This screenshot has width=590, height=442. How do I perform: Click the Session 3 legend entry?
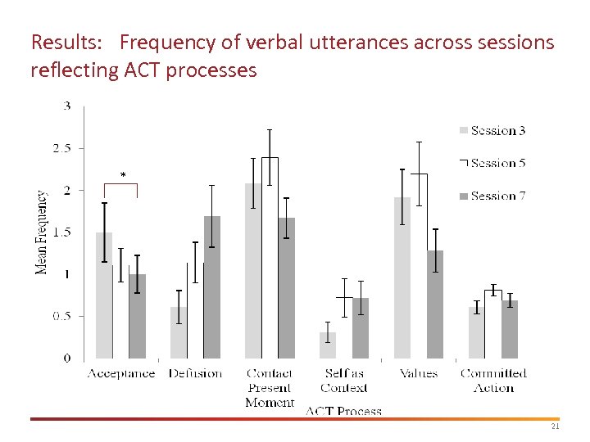coord(492,131)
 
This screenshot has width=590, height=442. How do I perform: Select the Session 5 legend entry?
coord(492,164)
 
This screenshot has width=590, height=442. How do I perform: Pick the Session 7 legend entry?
coord(492,196)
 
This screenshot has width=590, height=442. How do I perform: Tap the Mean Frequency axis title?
coord(41,232)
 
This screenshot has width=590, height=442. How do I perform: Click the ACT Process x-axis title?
coord(343,411)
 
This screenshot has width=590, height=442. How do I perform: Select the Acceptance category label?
coord(121,373)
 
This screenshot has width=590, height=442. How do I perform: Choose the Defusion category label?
coord(195,373)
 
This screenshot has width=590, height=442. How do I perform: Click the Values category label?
coord(418,373)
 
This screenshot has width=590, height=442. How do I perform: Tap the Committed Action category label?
coord(493,381)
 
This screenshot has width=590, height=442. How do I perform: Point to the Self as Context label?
coord(344,381)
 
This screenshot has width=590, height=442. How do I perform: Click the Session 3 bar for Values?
coord(402,278)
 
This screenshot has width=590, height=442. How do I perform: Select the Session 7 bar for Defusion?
coord(212,287)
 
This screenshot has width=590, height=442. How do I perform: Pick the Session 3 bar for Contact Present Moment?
coord(253,271)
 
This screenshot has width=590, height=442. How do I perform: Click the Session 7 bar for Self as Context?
coord(361,328)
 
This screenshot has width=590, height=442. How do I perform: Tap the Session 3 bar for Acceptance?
coord(104,295)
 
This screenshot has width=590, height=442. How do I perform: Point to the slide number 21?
coord(555,427)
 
